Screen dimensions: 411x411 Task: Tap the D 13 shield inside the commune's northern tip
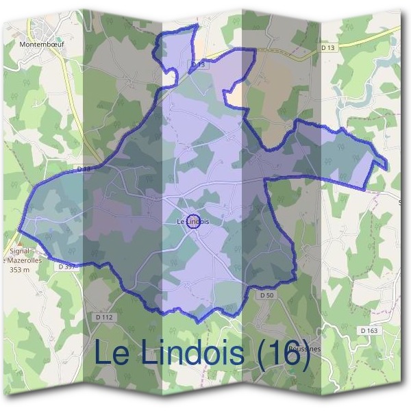198,64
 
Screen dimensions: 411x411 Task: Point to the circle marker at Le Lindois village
193,221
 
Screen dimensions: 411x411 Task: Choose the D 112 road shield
104,317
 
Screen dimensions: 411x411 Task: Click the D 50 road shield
267,295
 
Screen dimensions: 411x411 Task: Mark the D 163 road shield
369,331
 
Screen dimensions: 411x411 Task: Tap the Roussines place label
305,348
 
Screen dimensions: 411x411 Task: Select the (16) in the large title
281,353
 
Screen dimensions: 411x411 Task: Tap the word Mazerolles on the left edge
24,261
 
